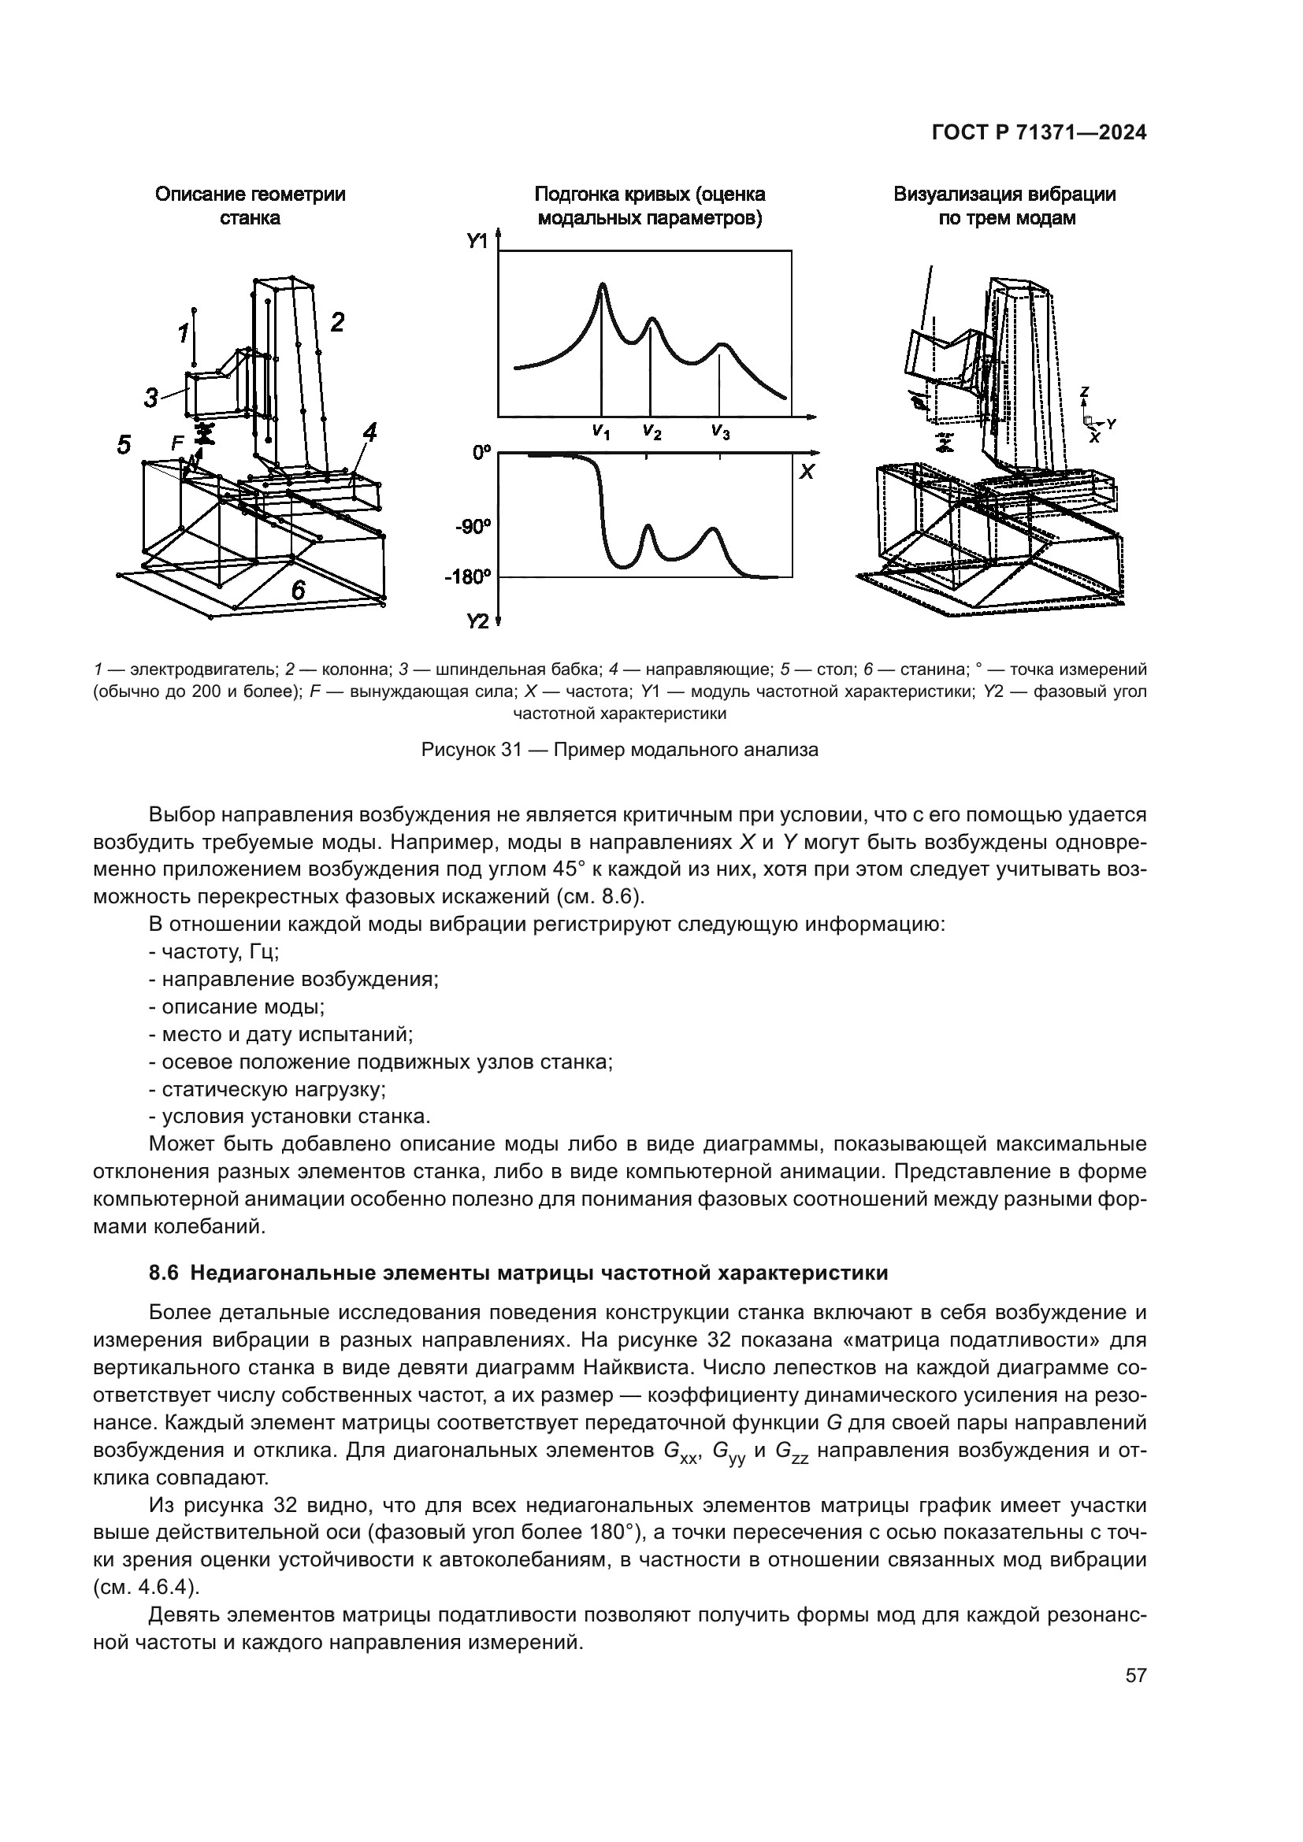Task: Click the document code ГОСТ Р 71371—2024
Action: pyautogui.click(x=1038, y=134)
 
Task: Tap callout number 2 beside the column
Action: pyautogui.click(x=338, y=323)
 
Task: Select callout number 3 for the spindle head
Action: pyautogui.click(x=150, y=397)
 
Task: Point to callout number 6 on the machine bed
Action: pyautogui.click(x=298, y=591)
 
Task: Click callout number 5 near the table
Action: pyautogui.click(x=124, y=444)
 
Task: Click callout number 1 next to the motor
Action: pyautogui.click(x=183, y=332)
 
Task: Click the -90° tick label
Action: pyautogui.click(x=473, y=527)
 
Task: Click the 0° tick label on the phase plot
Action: pyautogui.click(x=481, y=454)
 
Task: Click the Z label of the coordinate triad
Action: pyautogui.click(x=1084, y=391)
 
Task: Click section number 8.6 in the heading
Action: pyautogui.click(x=165, y=1273)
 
